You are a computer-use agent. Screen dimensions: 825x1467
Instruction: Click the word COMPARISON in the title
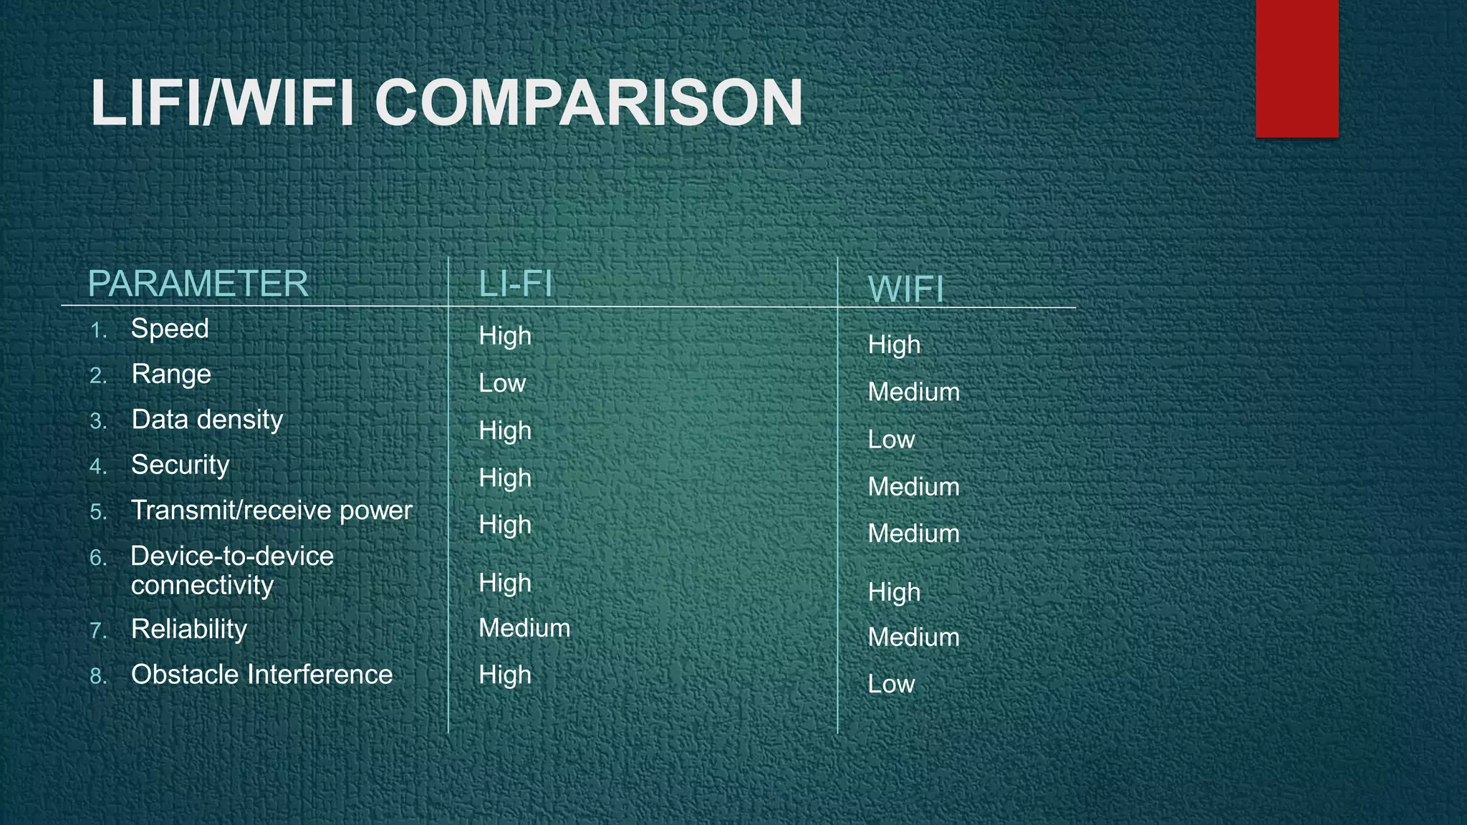point(589,104)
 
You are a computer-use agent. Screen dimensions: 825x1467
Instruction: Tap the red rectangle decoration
point(1297,68)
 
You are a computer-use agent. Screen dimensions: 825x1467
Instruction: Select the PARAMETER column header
point(198,284)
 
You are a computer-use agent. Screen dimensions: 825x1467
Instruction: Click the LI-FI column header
point(516,284)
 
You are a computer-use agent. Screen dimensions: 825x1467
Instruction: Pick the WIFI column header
point(905,289)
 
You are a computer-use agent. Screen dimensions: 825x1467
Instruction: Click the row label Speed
point(170,329)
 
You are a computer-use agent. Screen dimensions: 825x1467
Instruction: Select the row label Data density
point(207,420)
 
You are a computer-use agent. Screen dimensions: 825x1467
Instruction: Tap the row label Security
point(180,465)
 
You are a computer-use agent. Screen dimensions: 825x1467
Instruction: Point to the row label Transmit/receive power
point(271,511)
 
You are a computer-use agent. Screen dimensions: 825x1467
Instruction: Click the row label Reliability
point(189,629)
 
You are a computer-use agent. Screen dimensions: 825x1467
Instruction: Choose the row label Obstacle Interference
point(261,675)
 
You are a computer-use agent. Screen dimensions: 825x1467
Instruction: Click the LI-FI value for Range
point(502,383)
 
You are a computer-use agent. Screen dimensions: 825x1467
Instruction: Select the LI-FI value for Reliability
point(524,628)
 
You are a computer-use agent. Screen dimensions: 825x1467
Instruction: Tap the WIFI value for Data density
point(891,440)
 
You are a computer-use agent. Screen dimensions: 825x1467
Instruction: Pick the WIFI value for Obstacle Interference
point(891,684)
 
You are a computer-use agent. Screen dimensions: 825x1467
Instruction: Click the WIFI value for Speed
point(894,345)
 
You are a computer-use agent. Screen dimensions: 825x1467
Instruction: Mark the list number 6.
point(98,558)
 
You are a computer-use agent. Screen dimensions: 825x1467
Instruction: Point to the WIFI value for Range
point(913,392)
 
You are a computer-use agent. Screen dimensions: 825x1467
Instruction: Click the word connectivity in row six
point(202,586)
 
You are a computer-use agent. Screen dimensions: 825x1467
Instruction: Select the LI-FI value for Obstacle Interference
point(505,675)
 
